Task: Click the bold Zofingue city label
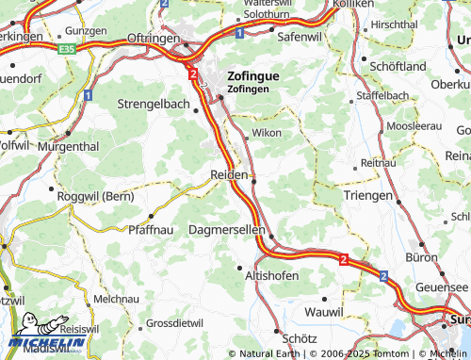point(253,76)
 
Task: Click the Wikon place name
point(266,133)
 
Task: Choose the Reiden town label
point(229,175)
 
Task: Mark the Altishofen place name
point(271,275)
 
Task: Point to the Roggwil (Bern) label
point(94,197)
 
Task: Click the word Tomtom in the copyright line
point(394,353)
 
